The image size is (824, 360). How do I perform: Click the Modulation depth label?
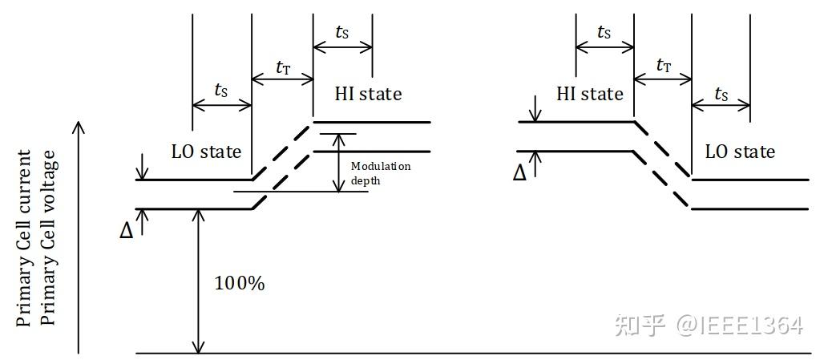380,173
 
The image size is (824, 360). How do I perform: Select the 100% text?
239,283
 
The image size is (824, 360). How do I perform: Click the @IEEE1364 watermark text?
739,325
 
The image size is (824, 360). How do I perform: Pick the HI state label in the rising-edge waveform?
368,94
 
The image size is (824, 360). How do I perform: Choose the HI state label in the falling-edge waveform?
590,94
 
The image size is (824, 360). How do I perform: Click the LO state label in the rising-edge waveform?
206,151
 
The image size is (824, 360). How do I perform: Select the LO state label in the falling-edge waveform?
740,151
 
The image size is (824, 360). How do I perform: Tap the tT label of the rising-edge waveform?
283,67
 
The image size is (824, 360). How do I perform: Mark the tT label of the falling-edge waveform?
664,66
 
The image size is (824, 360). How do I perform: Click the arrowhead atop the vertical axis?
79,127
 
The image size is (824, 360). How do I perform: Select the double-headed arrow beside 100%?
197,281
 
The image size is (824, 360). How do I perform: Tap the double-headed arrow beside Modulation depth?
338,162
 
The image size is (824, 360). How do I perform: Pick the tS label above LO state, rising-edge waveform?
221,91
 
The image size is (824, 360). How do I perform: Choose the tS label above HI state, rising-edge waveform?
342,33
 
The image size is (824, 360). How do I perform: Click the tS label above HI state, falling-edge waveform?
604,33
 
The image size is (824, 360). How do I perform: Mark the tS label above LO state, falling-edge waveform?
721,95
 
